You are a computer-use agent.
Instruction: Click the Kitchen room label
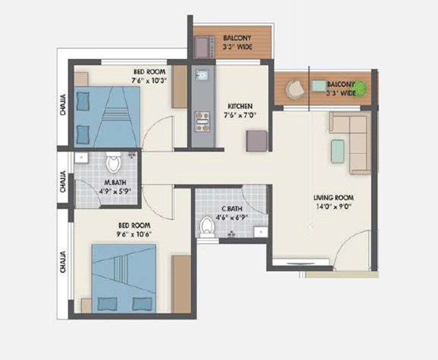(240, 106)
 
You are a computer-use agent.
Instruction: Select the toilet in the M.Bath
(114, 163)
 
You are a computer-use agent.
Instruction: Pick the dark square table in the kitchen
(257, 141)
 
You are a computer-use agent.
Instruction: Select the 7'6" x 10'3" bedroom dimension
(148, 80)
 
